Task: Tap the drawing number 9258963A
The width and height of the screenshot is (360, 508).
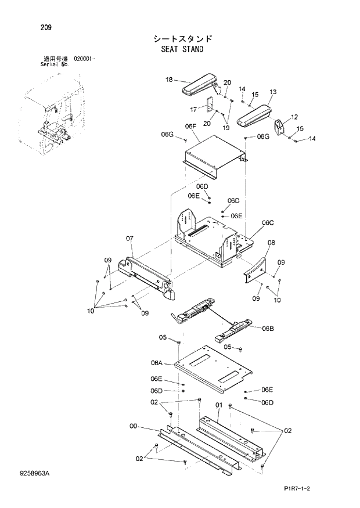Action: pyautogui.click(x=34, y=475)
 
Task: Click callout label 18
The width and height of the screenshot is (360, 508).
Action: pyautogui.click(x=169, y=80)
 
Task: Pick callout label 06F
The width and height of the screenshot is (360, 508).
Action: pyautogui.click(x=190, y=126)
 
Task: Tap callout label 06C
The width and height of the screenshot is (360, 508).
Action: pyautogui.click(x=268, y=222)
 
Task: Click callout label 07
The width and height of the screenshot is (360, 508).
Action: pyautogui.click(x=129, y=238)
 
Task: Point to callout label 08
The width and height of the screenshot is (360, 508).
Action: pyautogui.click(x=271, y=242)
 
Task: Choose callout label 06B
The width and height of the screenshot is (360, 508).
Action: pyautogui.click(x=268, y=329)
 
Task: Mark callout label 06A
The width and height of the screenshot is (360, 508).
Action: pyautogui.click(x=156, y=363)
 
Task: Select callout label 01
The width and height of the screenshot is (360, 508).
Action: pyautogui.click(x=219, y=405)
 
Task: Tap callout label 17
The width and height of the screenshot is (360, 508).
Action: pyautogui.click(x=193, y=109)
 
